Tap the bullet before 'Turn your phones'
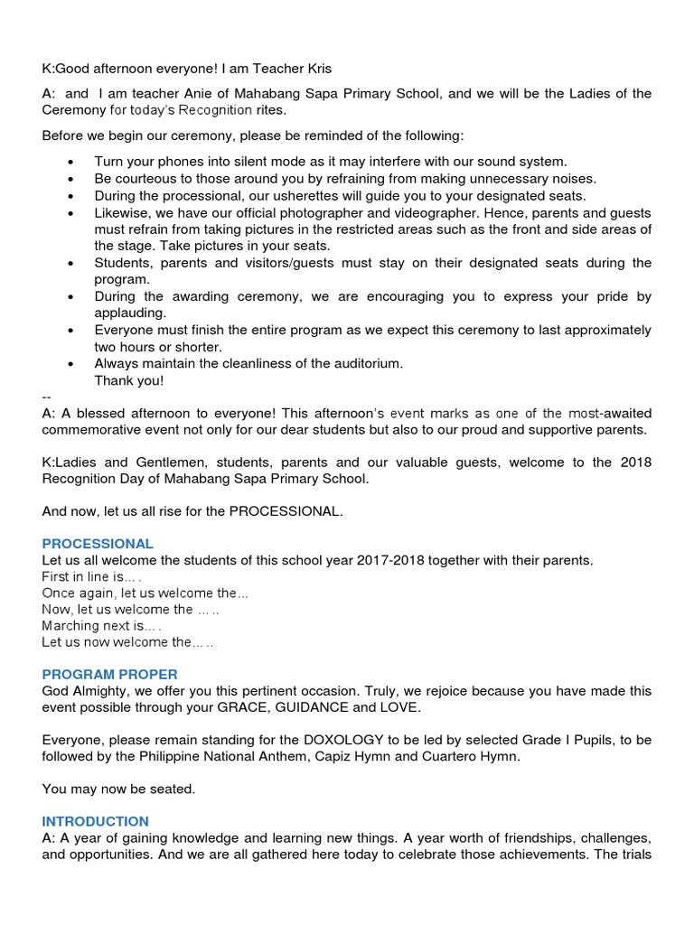[71, 162]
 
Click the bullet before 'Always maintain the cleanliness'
[71, 364]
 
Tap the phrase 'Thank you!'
[129, 380]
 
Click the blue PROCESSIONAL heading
[98, 544]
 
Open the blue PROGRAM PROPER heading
[109, 675]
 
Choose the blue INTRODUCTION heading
[95, 821]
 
